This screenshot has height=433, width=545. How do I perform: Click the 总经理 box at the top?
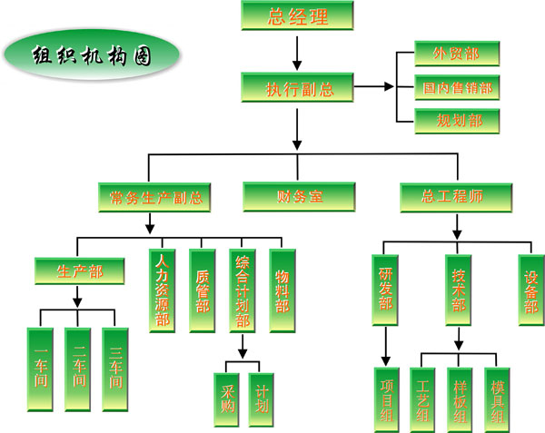point(297,16)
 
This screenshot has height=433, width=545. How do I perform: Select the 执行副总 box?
point(297,88)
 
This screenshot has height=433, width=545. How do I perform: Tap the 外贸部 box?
point(457,54)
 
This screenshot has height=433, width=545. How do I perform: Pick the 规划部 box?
point(457,120)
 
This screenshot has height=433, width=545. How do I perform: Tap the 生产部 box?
point(78,271)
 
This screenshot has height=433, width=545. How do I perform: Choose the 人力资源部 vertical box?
point(163,290)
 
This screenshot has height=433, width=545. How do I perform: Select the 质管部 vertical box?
point(203,290)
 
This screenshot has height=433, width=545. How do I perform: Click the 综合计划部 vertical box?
point(243,290)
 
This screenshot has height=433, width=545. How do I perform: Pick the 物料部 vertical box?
point(282,290)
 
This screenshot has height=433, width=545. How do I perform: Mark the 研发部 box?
point(386,290)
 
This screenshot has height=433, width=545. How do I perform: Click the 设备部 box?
point(530,290)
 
